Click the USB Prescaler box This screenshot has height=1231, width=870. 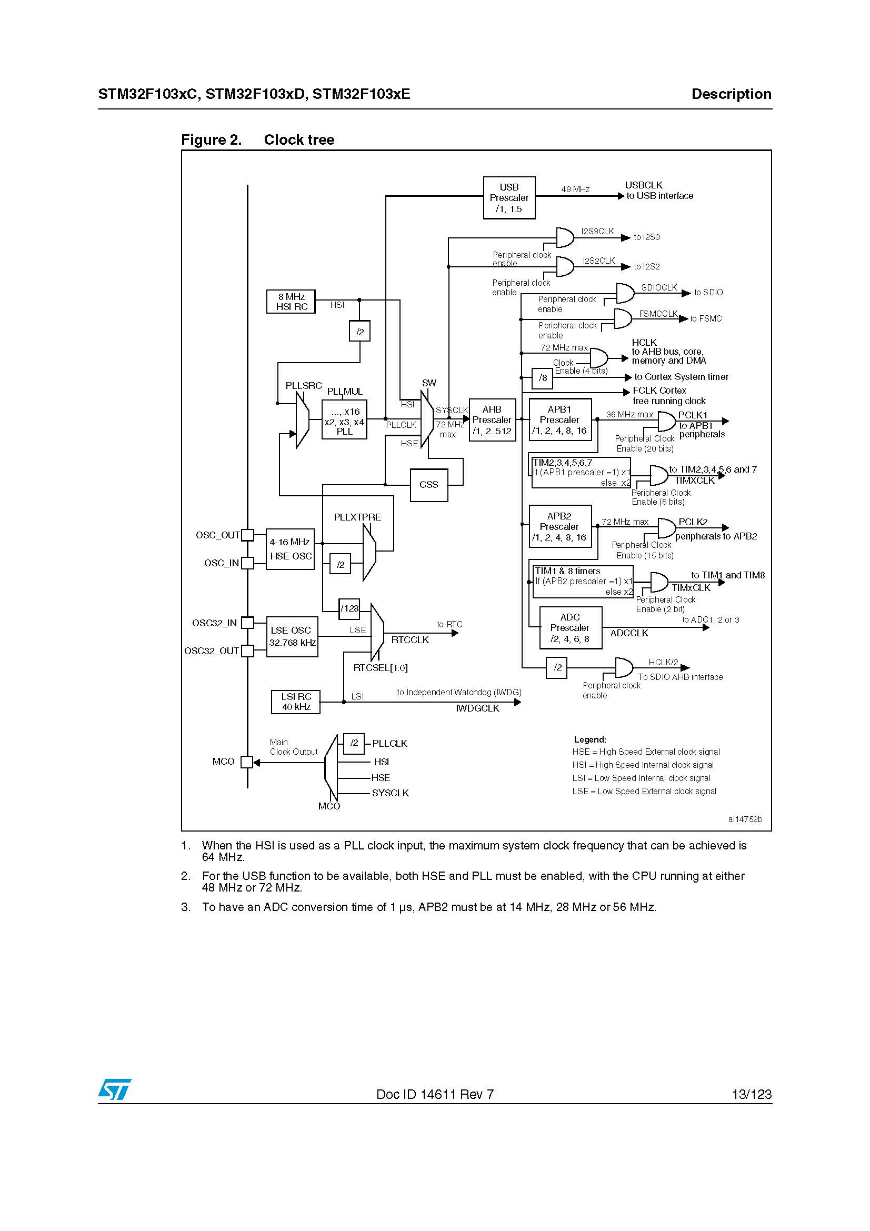pyautogui.click(x=509, y=198)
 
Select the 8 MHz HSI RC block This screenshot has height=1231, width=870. pyautogui.click(x=291, y=302)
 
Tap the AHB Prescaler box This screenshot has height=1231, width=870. pyautogui.click(x=492, y=421)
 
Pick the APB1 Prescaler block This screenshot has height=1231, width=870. pyautogui.click(x=559, y=421)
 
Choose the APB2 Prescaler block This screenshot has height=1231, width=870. pyautogui.click(x=559, y=526)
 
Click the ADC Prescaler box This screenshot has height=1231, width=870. pyautogui.click(x=570, y=628)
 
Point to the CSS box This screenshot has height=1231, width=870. pyautogui.click(x=428, y=485)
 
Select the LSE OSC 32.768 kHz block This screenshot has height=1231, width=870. pyautogui.click(x=292, y=636)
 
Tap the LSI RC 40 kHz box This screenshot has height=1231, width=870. pyautogui.click(x=296, y=702)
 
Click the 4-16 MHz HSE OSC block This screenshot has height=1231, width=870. pyautogui.click(x=290, y=549)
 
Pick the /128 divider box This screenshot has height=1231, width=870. pyautogui.click(x=349, y=608)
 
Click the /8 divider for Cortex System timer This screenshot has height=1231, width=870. pyautogui.click(x=543, y=378)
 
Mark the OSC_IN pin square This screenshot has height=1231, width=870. pyautogui.click(x=247, y=563)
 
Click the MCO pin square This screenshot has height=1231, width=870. pyautogui.click(x=247, y=762)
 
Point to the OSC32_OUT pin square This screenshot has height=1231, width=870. pyautogui.click(x=247, y=651)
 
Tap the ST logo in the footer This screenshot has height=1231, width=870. pyautogui.click(x=114, y=1089)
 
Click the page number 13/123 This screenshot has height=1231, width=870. pyautogui.click(x=752, y=1094)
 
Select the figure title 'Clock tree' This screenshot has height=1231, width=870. pyautogui.click(x=298, y=140)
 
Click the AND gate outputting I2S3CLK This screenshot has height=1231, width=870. pyautogui.click(x=564, y=237)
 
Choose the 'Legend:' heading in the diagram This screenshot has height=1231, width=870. pyautogui.click(x=589, y=739)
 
